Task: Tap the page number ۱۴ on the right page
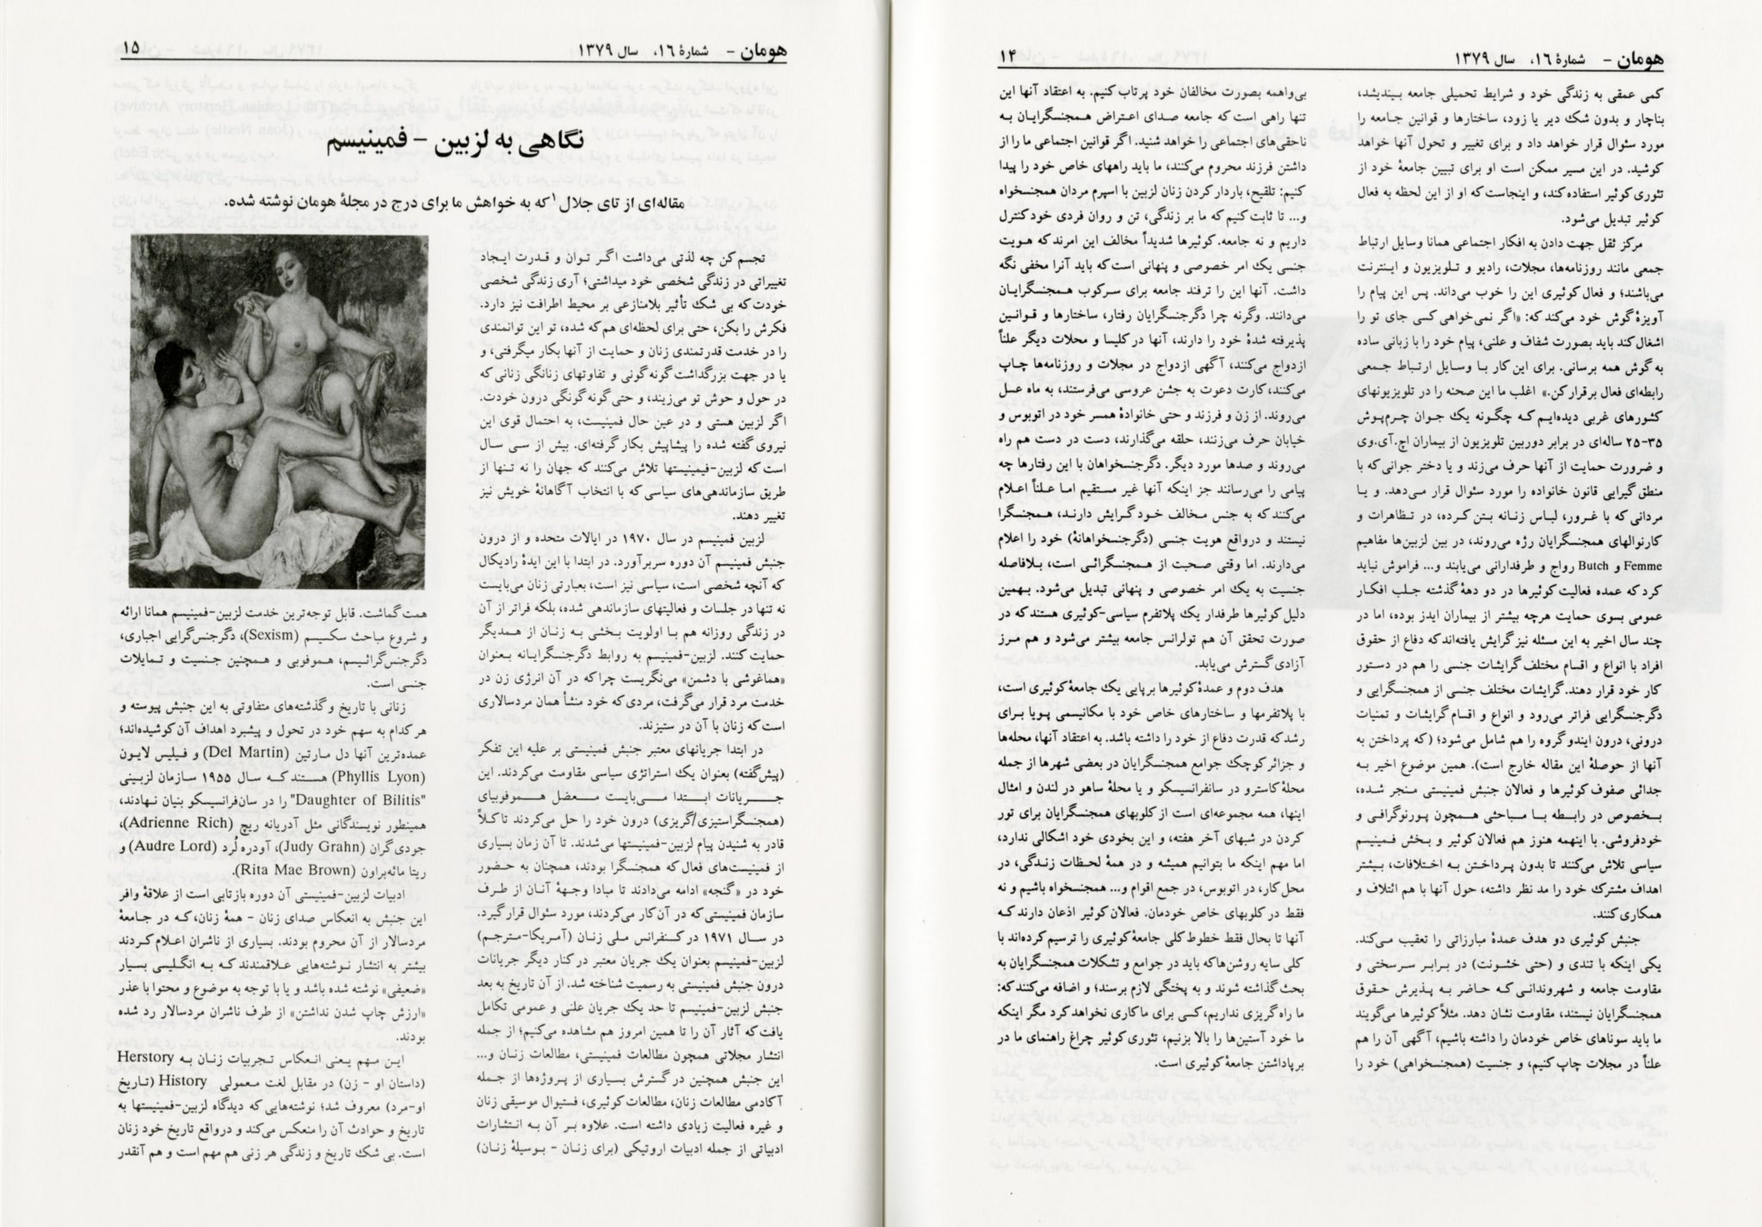(1008, 57)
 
